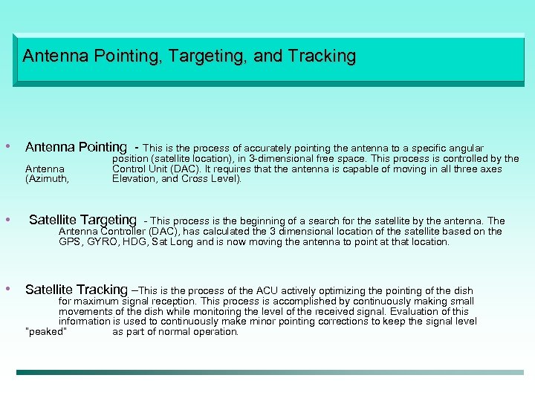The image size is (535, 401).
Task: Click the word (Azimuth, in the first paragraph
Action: (x=47, y=179)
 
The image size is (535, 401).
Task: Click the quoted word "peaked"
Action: (x=46, y=332)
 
